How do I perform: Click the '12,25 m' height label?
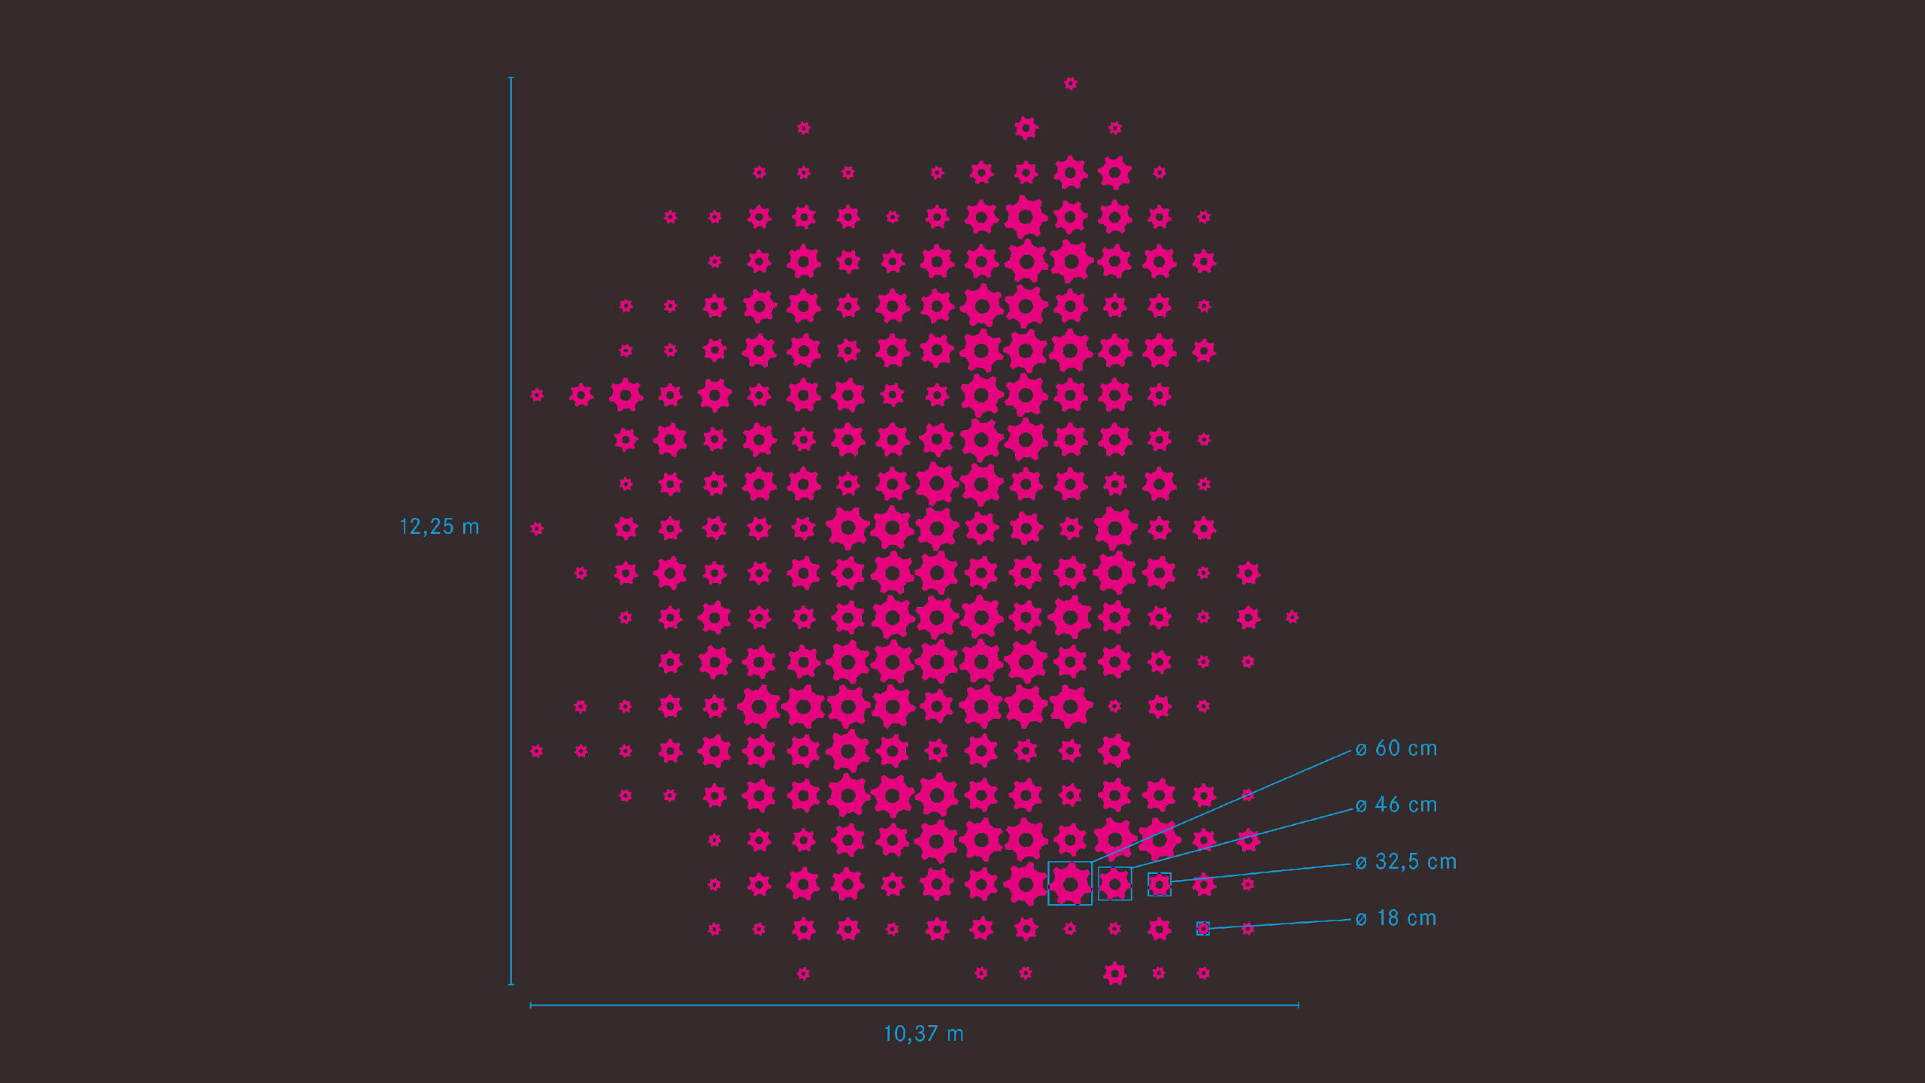tap(439, 526)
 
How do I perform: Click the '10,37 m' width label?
tap(923, 1034)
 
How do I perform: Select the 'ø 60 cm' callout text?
tap(1396, 749)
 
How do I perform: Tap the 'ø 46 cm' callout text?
tap(1396, 805)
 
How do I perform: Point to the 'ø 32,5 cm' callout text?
tap(1405, 862)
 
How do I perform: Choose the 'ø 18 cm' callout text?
tap(1396, 918)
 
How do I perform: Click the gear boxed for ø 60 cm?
tap(1070, 884)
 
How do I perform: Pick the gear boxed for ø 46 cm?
tap(1114, 884)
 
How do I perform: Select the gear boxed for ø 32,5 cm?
tap(1159, 884)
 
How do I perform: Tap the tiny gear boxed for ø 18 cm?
tap(1203, 929)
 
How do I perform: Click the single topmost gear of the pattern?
tap(1070, 83)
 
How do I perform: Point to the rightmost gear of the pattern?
tap(1292, 617)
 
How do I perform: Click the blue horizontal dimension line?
tap(752, 1005)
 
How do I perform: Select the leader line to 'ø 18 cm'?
tap(1278, 924)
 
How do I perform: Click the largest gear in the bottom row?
tap(1114, 973)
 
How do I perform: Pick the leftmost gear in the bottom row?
tap(803, 974)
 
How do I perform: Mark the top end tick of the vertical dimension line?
tap(511, 77)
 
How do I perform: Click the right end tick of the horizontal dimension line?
tap(1298, 1005)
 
